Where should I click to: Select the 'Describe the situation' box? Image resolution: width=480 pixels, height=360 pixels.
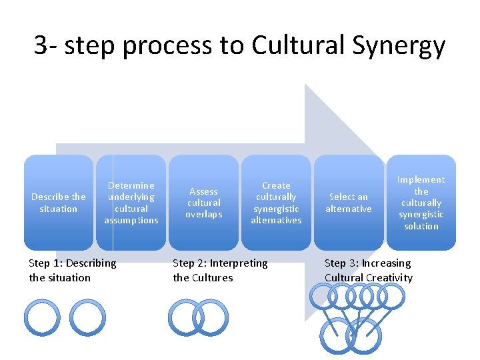click(59, 203)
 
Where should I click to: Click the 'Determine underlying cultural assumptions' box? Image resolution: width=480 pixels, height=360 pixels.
click(131, 203)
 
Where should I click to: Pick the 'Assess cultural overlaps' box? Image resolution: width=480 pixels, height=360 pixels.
click(203, 203)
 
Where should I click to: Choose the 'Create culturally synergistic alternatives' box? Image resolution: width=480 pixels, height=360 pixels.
click(276, 203)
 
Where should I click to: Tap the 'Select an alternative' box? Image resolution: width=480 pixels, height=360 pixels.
click(349, 203)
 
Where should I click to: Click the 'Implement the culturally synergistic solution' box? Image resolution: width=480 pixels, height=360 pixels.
click(421, 203)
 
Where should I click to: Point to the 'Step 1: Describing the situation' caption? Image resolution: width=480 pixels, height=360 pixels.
click(72, 270)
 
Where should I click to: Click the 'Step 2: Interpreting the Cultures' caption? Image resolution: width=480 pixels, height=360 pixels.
click(220, 270)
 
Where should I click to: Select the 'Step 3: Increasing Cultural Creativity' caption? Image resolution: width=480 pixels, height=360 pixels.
click(368, 270)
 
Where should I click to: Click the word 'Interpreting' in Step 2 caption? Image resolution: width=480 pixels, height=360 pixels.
click(238, 263)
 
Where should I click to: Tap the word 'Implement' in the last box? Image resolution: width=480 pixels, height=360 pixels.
click(421, 179)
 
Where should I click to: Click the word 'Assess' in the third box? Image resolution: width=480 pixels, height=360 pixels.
click(203, 191)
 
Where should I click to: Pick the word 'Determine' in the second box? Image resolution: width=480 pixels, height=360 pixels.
click(131, 185)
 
